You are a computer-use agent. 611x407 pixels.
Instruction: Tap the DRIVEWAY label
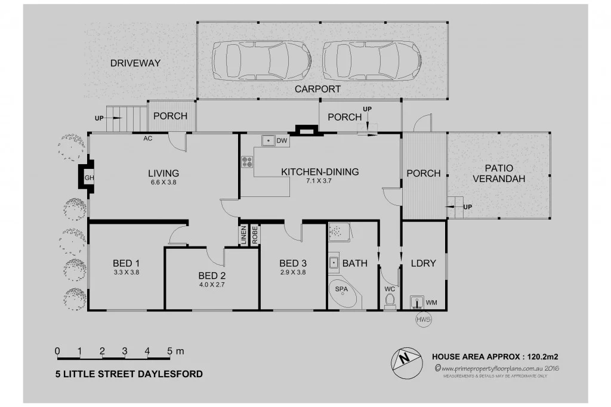click(135, 63)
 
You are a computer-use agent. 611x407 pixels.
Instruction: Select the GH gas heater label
click(88, 178)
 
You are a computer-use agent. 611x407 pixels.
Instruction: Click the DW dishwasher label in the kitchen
click(282, 141)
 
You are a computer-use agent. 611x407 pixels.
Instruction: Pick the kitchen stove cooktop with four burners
click(246, 162)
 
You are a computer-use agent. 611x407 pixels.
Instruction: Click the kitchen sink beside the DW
click(268, 141)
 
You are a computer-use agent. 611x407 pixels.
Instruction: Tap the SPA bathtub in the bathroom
click(342, 293)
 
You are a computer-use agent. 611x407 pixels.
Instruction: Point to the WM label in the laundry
click(431, 303)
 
